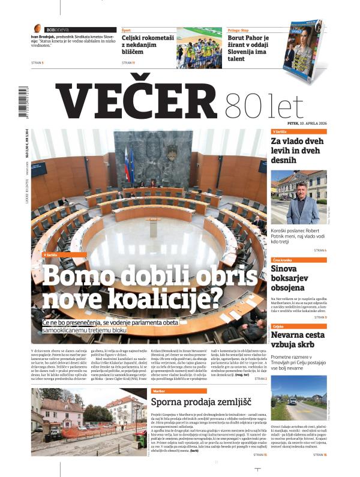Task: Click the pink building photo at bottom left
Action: [88, 421]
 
